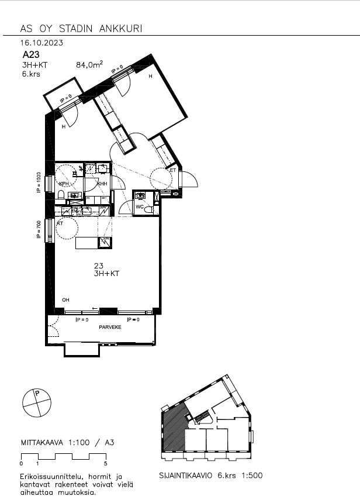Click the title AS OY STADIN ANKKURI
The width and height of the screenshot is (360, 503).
(81, 29)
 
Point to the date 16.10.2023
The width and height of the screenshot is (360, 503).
(41, 43)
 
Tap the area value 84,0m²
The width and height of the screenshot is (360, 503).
(89, 66)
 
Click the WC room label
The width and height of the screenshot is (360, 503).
(140, 207)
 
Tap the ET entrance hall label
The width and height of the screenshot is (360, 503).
(173, 170)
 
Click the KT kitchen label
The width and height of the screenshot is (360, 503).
(60, 223)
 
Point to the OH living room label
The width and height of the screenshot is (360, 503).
(65, 300)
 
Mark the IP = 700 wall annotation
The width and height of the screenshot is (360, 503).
(39, 230)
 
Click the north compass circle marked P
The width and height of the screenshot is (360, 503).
(36, 402)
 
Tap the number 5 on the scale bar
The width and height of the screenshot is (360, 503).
(105, 463)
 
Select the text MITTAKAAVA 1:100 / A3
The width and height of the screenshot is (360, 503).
(67, 443)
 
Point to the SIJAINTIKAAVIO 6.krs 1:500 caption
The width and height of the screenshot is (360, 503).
(211, 476)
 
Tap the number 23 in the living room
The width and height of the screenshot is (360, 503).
(98, 266)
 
